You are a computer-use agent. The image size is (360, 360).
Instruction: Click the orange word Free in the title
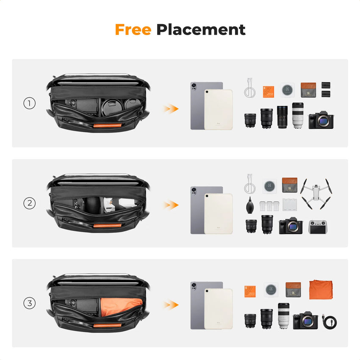133,30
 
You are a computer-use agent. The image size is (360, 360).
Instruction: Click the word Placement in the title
201,30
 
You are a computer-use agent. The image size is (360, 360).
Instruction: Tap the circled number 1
29,103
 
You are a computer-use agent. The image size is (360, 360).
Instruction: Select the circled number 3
29,303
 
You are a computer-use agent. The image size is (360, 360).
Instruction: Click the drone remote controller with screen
318,227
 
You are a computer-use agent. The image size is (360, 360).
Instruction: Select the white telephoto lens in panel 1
298,115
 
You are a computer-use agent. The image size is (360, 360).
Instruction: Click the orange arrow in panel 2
171,205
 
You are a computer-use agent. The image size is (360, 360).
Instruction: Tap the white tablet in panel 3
218,309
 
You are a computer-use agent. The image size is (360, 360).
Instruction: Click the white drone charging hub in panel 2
290,205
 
